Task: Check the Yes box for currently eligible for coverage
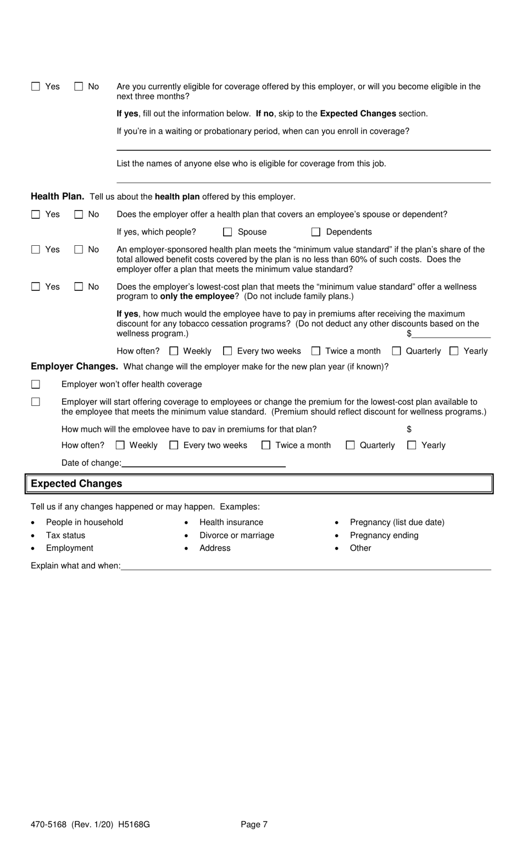[36, 86]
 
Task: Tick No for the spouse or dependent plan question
[79, 214]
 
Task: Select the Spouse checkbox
[227, 232]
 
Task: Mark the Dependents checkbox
[316, 232]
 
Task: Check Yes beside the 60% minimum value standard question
[36, 250]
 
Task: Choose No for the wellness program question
[79, 286]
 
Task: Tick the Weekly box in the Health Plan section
[174, 351]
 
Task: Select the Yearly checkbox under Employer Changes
[412, 445]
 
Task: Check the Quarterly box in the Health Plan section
[396, 351]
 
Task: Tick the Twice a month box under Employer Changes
[266, 445]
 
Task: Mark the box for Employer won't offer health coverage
[36, 384]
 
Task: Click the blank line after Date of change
[203, 463]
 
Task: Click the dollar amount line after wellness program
[451, 334]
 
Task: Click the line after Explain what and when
[306, 566]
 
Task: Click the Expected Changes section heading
[76, 484]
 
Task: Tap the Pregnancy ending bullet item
[384, 535]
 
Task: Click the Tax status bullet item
[65, 535]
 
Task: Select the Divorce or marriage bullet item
[236, 535]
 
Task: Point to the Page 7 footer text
[254, 824]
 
